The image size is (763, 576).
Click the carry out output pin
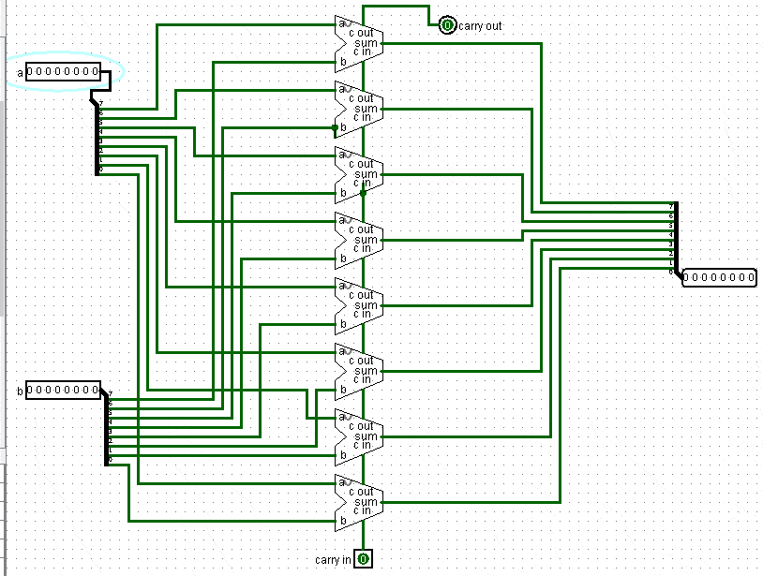447,25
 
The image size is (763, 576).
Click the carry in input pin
363,559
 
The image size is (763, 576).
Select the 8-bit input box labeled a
63,72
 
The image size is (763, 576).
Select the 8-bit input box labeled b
63,390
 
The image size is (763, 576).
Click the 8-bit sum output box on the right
719,276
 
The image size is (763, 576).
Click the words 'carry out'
480,26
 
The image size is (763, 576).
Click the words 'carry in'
334,560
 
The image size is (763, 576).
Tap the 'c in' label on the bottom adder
361,511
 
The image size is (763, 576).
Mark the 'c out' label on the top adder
361,33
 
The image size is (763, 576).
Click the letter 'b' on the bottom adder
343,521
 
